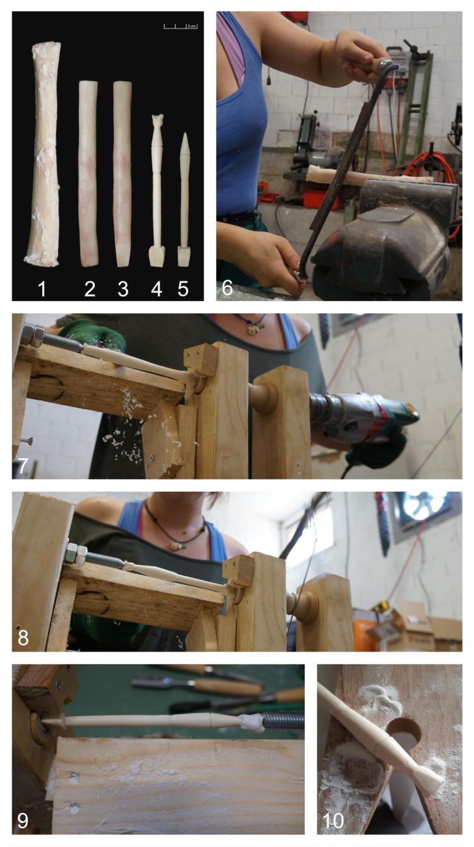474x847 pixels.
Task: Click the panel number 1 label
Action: point(42,289)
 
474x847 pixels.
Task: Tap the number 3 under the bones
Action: point(123,289)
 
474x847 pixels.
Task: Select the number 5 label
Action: point(183,289)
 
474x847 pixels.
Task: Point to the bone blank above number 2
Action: point(89,173)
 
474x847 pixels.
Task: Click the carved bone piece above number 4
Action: point(157,190)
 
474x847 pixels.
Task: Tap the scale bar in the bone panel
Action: point(180,27)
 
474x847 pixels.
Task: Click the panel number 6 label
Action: point(227,287)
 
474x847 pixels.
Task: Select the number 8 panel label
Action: point(23,638)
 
